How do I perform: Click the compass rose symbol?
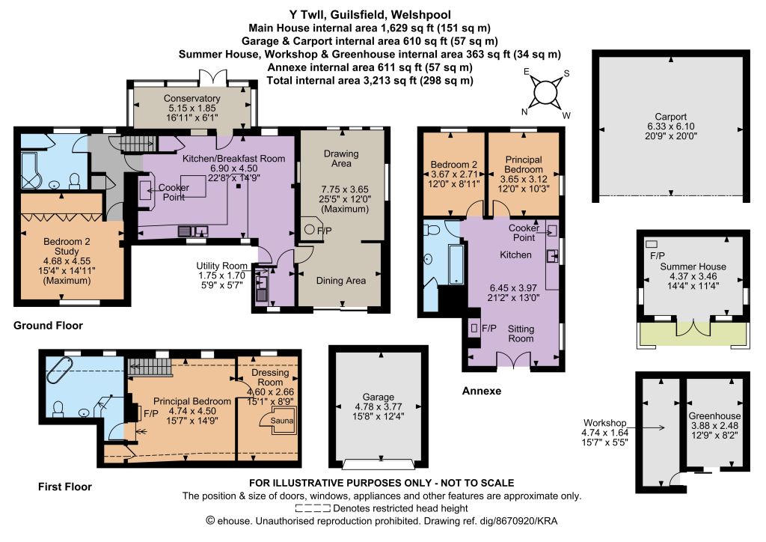coord(545,93)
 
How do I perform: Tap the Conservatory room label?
coord(191,98)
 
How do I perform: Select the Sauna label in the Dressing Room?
coord(282,420)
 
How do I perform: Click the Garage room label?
coord(378,397)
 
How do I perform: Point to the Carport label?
coord(671,117)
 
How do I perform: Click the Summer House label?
coord(693,267)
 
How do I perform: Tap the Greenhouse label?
coord(714,416)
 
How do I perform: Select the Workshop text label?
coord(604,423)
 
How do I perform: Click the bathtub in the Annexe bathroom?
coord(456,264)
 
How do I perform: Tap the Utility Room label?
coord(221,266)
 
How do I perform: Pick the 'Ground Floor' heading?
coord(48,326)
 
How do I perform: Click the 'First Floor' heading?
coord(65,487)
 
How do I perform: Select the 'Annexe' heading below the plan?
coord(482,391)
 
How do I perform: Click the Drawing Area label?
coord(341,159)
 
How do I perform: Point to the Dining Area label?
coord(341,281)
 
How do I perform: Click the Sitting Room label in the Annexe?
coord(521,333)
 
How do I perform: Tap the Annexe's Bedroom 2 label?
coord(454,165)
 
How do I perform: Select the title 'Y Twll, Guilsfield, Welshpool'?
coord(370,15)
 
